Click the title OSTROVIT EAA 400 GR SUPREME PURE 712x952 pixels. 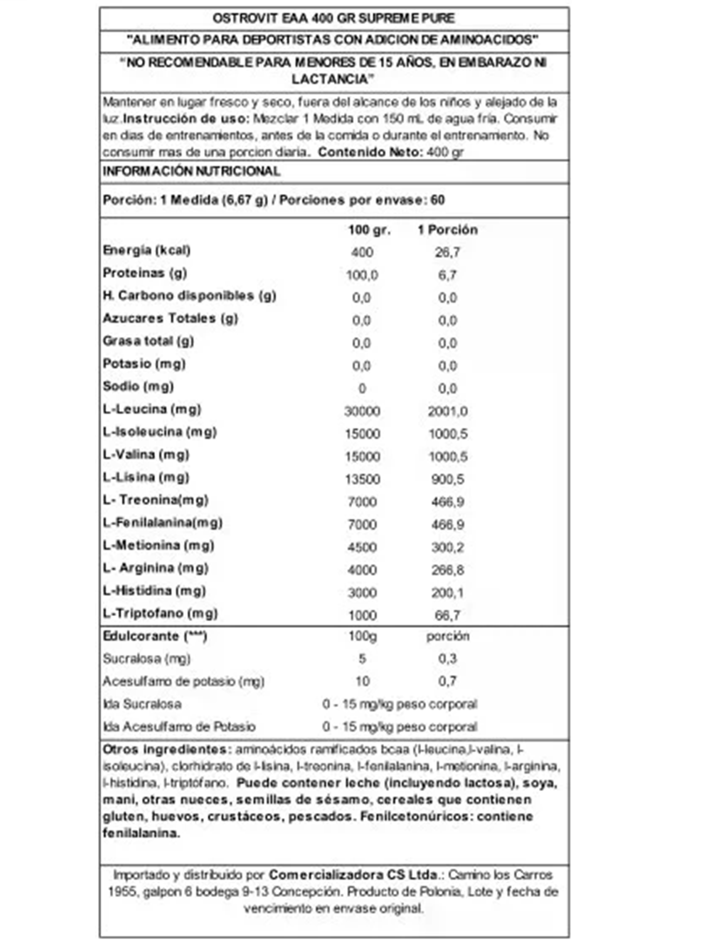333,19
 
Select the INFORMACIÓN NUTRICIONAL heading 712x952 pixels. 191,171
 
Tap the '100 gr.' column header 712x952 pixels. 369,230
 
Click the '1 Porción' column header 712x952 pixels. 447,230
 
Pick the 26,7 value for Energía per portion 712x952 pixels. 447,252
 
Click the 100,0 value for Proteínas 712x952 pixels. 362,275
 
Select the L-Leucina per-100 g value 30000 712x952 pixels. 362,411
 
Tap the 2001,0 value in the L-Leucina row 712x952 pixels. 447,411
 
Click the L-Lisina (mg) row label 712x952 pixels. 146,477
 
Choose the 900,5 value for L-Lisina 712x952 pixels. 447,479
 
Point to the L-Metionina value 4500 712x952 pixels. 362,547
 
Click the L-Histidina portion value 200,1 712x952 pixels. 447,593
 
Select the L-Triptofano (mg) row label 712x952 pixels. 160,613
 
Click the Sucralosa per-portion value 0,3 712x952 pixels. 447,659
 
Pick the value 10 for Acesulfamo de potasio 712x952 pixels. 362,681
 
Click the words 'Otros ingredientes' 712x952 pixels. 165,749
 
